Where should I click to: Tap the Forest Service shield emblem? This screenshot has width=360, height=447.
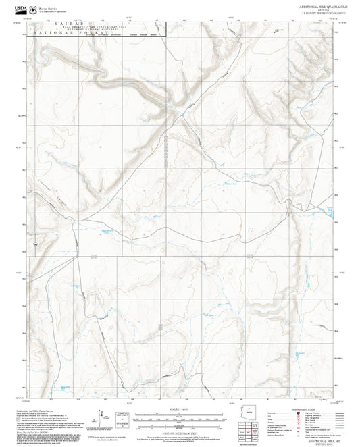(x=32, y=8)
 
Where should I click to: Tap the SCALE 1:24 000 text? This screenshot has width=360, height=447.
(x=179, y=390)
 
